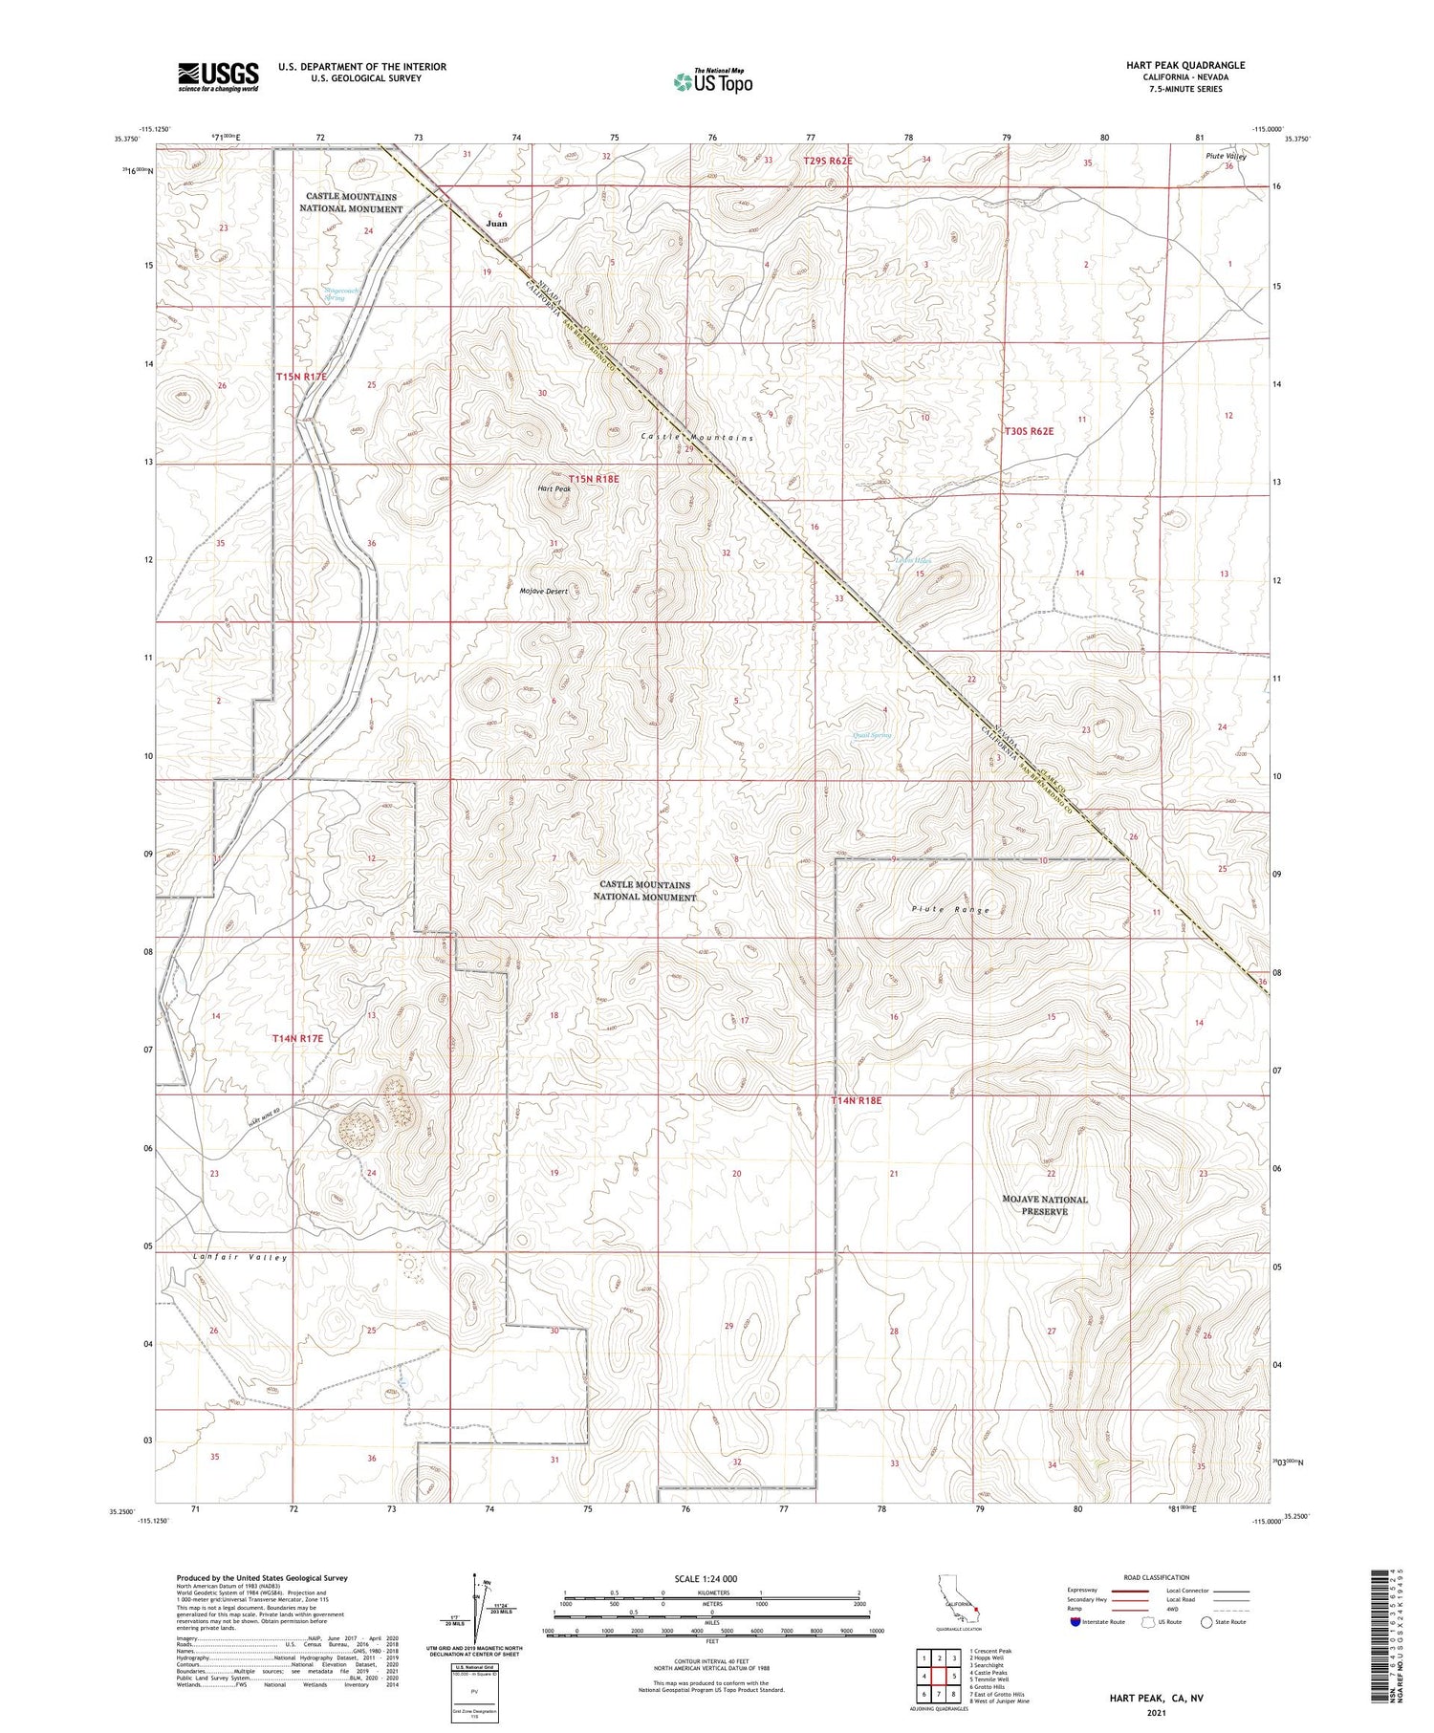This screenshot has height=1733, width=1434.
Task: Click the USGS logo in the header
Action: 218,76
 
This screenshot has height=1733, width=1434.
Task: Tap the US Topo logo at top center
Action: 712,82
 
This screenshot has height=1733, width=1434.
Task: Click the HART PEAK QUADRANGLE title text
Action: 1184,66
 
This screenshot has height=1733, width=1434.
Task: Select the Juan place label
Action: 496,224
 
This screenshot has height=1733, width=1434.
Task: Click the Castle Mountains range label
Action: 696,438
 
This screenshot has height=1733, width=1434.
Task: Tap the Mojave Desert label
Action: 543,592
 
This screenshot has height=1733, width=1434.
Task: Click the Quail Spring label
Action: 870,735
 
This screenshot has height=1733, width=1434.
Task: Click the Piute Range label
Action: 950,909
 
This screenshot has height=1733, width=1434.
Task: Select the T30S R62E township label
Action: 1028,431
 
